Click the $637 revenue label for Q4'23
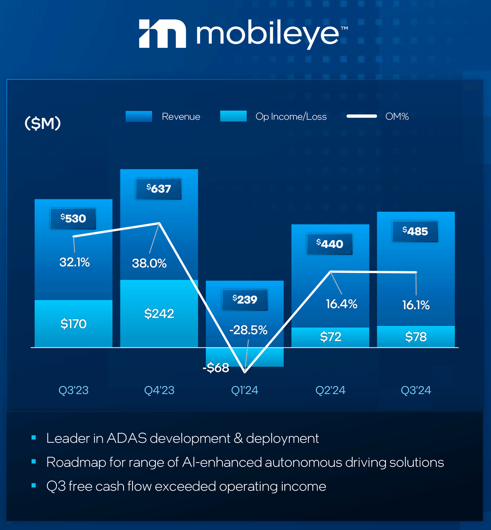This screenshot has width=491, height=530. tap(159, 189)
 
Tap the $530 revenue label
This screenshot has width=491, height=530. tap(73, 219)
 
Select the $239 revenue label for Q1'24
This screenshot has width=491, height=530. tap(245, 300)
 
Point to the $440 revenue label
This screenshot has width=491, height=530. tap(330, 244)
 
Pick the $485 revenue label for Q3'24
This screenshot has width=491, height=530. tap(415, 231)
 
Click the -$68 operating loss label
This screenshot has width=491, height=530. tap(216, 368)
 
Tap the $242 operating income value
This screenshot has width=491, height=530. tap(159, 314)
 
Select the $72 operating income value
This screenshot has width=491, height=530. tap(331, 337)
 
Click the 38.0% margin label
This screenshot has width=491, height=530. tap(149, 263)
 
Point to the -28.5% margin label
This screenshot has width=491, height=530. tap(248, 330)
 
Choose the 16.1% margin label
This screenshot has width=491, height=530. tap(416, 305)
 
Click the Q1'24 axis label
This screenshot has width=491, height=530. tap(245, 390)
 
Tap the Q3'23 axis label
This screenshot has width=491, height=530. tap(74, 390)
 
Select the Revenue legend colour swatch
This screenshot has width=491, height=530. tap(139, 117)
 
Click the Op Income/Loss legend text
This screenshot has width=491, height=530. tap(291, 117)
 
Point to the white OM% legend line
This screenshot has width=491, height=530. tap(362, 116)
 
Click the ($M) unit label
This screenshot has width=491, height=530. tap(43, 123)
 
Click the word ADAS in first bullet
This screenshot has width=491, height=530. tap(126, 438)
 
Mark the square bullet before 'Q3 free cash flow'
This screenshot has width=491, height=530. tap(34, 486)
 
